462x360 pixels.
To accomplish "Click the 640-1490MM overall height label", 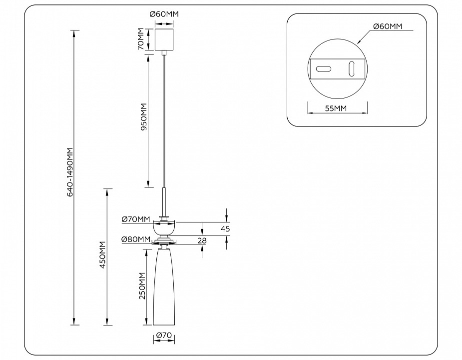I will tap(70, 171).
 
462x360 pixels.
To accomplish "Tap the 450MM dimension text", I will tap(103, 255).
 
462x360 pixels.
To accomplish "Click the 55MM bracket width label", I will tap(337, 108).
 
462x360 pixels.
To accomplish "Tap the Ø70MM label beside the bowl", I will tap(136, 219).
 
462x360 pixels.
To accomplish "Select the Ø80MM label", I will tap(135, 239).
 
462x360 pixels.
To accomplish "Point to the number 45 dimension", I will tap(225, 228).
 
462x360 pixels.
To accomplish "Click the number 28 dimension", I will tap(202, 241).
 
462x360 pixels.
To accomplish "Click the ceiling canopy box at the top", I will tap(164, 39).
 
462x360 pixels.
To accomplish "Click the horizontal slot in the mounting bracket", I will tap(324, 69).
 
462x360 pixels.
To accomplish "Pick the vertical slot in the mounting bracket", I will tap(352, 68).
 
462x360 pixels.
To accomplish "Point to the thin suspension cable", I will tap(164, 120).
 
